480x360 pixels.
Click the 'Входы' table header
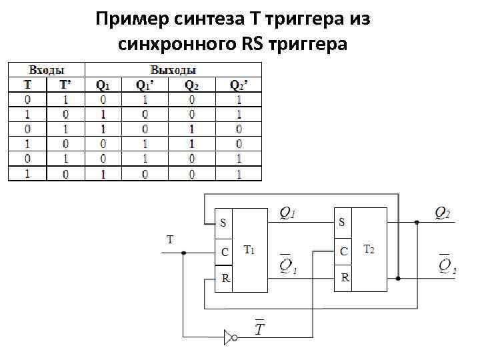click(46, 69)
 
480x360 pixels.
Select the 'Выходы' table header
click(173, 69)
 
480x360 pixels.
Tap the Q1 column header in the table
click(103, 85)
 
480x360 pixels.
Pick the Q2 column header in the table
click(191, 85)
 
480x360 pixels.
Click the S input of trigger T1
click(223, 223)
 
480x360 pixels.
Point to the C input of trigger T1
click(224, 252)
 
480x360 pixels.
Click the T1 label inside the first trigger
click(249, 251)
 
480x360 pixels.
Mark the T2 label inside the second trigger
click(368, 250)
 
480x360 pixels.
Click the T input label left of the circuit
click(170, 239)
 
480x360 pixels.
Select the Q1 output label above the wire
click(287, 213)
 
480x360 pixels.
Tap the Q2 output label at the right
click(442, 213)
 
